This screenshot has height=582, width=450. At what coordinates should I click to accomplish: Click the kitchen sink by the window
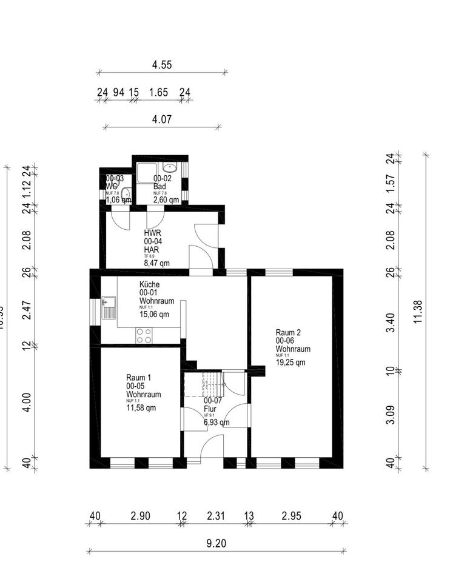point(109,305)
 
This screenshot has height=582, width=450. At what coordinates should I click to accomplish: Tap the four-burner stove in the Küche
point(144,335)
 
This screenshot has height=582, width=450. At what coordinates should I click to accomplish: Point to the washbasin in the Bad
point(170,167)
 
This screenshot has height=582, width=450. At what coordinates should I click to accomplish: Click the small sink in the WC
point(126,195)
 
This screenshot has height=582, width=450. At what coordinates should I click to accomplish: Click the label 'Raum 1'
point(138,377)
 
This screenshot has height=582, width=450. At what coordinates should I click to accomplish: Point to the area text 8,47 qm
point(156,263)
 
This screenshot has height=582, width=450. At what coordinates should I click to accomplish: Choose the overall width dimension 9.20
point(217,543)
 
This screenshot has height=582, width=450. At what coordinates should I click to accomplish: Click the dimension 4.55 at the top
point(162,64)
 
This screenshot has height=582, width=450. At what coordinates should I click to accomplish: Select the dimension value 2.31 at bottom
point(215,516)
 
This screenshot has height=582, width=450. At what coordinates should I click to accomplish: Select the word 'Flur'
point(210,409)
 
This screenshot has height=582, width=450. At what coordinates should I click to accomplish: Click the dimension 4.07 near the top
point(162,119)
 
